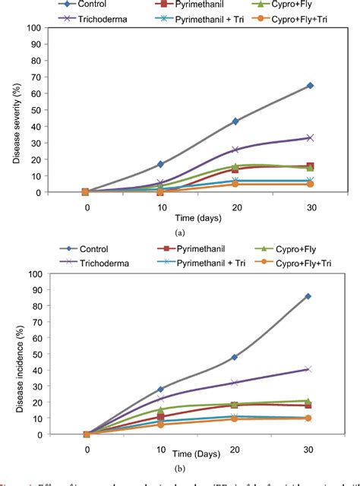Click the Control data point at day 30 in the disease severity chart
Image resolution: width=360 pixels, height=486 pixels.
pyautogui.click(x=310, y=86)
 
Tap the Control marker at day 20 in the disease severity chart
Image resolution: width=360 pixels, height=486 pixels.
pyautogui.click(x=235, y=121)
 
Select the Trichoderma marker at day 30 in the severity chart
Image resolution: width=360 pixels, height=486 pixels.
pyautogui.click(x=310, y=137)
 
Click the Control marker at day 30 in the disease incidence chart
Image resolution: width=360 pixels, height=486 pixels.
pyautogui.click(x=308, y=296)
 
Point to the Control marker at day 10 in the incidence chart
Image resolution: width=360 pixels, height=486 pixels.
pyautogui.click(x=160, y=389)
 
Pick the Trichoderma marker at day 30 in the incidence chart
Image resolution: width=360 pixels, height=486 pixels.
pyautogui.click(x=308, y=369)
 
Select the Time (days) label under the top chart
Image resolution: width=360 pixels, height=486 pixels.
pyautogui.click(x=197, y=219)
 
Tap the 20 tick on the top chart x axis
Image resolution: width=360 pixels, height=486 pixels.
pyautogui.click(x=235, y=207)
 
